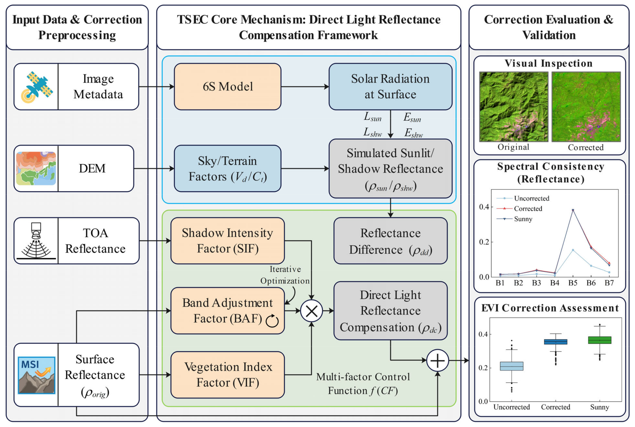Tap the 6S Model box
click(227, 87)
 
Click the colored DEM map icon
click(36, 168)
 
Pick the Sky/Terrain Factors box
click(227, 168)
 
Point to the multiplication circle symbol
click(311, 311)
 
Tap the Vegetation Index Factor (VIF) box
click(227, 374)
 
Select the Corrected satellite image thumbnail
click(586, 107)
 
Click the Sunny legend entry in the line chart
click(522, 219)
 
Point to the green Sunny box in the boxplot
click(600, 340)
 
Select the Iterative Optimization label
click(285, 275)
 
